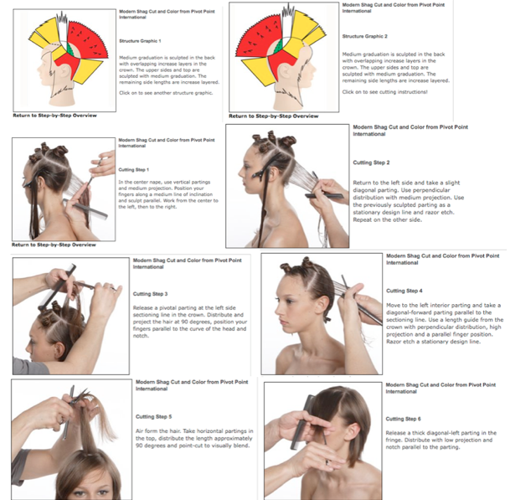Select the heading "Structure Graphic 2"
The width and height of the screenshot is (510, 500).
tap(365, 37)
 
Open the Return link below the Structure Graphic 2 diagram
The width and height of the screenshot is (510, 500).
tap(273, 116)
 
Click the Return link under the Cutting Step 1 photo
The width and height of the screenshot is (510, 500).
tap(54, 244)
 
